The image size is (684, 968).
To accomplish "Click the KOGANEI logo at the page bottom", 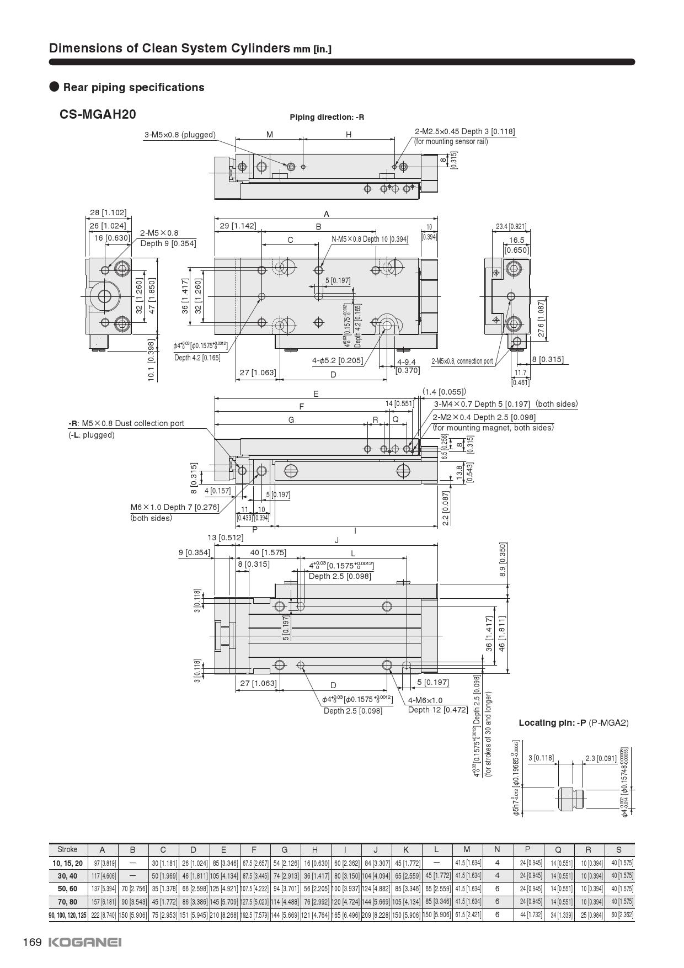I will click(x=85, y=942).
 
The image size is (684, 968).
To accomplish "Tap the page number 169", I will click(x=32, y=942).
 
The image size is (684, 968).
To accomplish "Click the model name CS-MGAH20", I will click(x=98, y=114).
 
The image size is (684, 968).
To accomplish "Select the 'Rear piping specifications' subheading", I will click(x=133, y=87).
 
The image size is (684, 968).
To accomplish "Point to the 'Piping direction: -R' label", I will click(x=327, y=117).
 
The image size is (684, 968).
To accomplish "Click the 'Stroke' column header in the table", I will click(x=67, y=849).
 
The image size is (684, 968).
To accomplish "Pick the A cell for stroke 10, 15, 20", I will click(x=102, y=863).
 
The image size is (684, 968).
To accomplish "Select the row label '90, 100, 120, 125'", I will click(x=67, y=914).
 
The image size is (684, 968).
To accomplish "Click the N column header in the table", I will click(x=497, y=849).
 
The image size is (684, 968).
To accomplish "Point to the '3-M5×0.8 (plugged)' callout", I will click(x=180, y=135).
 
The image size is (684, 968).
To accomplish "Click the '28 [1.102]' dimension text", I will click(x=108, y=212).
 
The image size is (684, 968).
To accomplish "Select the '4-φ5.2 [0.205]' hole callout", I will click(x=338, y=361).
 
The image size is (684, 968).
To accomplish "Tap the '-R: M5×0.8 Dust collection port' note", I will click(x=126, y=423).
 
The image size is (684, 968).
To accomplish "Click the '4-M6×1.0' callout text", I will click(x=425, y=700).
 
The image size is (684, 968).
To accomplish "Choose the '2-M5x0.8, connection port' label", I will click(x=462, y=361).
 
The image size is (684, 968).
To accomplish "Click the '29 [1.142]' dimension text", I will click(x=238, y=225).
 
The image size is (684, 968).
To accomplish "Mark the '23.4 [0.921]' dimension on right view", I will click(x=511, y=226).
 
